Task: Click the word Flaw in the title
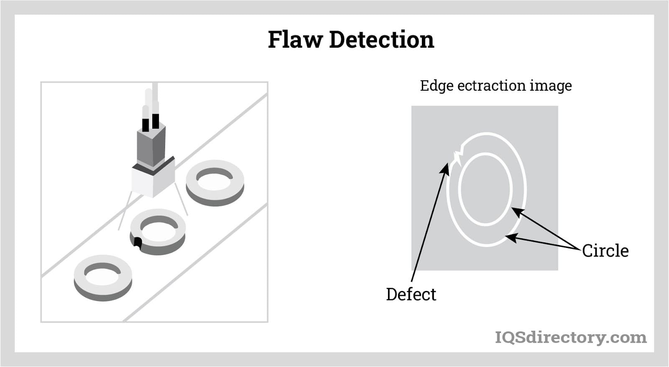[x=295, y=40]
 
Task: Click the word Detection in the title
[x=381, y=40]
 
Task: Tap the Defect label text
[x=411, y=294]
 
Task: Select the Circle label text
[x=605, y=251]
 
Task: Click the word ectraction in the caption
[x=491, y=86]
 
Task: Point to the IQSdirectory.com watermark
[x=570, y=337]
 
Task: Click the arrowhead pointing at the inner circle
[x=516, y=211]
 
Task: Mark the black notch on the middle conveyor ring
[x=137, y=243]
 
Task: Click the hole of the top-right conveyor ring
[x=214, y=181]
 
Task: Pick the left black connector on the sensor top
[x=145, y=125]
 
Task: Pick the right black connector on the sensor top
[x=156, y=121]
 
